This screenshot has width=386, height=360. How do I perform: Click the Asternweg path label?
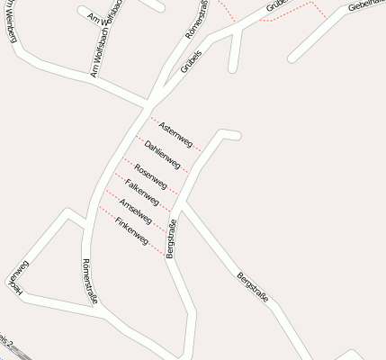tap(175, 134)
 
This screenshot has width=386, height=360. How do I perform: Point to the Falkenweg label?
tap(143, 192)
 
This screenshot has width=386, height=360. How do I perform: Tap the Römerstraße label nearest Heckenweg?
tap(88, 278)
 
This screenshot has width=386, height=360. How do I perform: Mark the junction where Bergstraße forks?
tap(179, 209)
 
